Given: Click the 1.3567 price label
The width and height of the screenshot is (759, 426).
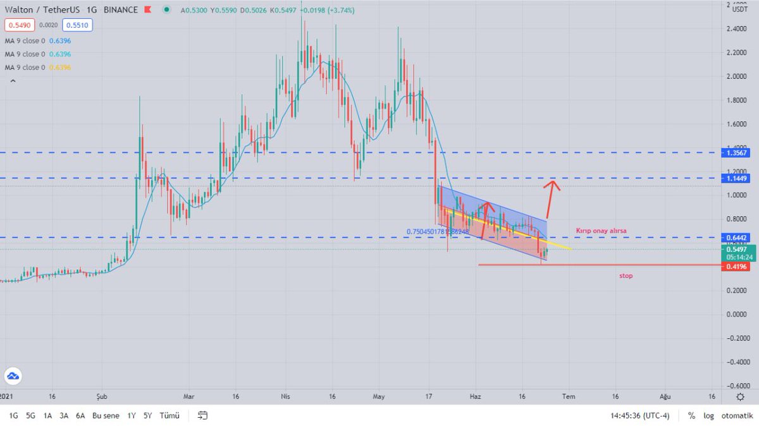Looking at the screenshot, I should point(737,153).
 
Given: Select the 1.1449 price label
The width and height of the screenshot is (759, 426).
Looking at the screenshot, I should point(737,179).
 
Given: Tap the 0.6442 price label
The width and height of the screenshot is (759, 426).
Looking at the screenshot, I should point(737,238).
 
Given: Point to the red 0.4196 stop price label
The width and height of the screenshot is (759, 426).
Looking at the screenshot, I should point(737,267).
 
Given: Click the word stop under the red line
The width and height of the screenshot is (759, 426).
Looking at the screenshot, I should point(626,276).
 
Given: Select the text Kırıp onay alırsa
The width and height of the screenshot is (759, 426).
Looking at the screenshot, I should point(602,231).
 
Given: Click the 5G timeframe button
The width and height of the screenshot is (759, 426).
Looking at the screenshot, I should point(30,416).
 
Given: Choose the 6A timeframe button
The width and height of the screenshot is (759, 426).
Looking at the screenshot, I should point(80,416).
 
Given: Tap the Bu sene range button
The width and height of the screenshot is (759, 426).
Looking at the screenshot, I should point(106,416).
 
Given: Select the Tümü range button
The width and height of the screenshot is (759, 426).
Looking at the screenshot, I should point(169,416).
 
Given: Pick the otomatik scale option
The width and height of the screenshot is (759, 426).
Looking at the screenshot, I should point(736,416).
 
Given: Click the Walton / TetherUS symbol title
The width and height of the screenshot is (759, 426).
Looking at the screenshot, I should point(42,10).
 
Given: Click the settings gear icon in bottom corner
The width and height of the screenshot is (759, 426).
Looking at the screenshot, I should point(740,396).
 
